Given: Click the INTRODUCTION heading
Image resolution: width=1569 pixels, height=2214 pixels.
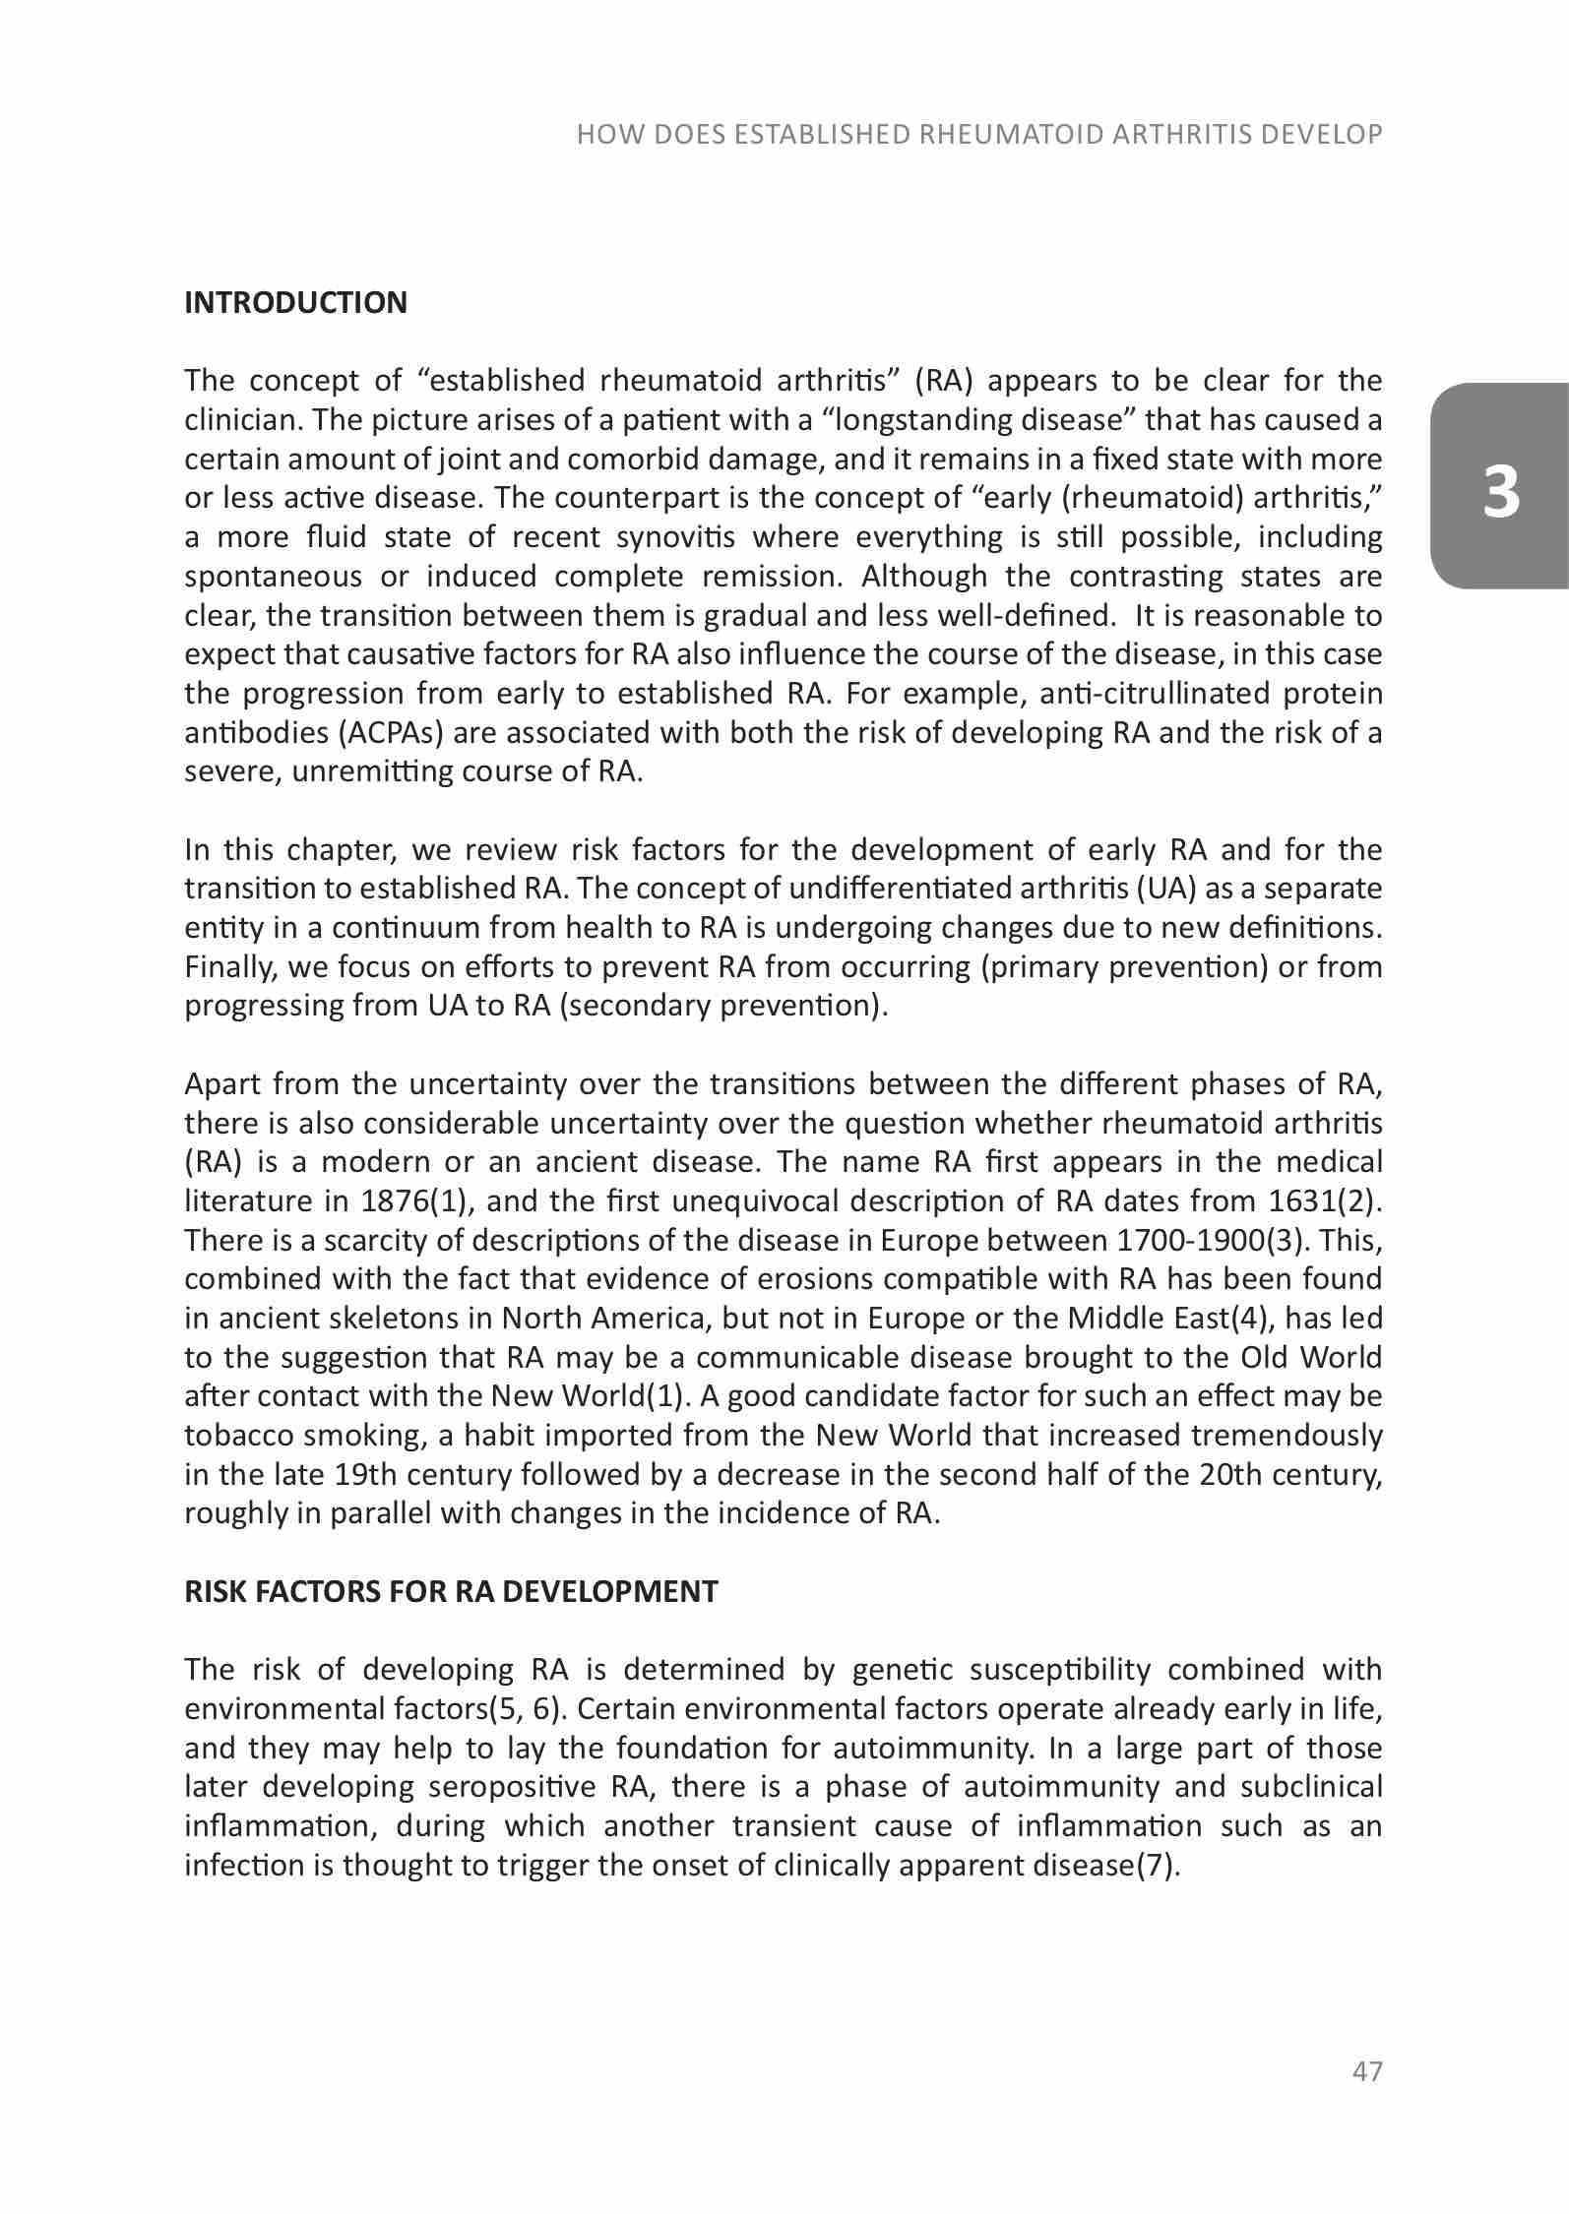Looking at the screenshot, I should pyautogui.click(x=295, y=302).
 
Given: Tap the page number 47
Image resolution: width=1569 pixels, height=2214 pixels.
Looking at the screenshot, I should pyautogui.click(x=1367, y=2071).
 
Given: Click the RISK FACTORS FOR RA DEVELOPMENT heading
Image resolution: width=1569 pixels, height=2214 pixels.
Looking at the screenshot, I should pyautogui.click(x=451, y=1591).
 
